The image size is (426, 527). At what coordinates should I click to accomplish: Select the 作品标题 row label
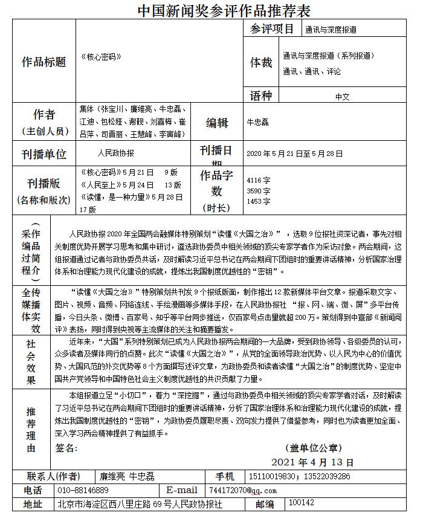click(x=44, y=62)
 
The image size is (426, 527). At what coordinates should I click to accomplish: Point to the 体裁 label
click(x=261, y=62)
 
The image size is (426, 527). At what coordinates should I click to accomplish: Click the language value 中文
click(x=343, y=96)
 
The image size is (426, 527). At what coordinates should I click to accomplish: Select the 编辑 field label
click(x=217, y=123)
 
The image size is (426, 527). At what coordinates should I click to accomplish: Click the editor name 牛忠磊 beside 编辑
click(x=258, y=122)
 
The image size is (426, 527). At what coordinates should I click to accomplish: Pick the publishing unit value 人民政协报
click(x=115, y=154)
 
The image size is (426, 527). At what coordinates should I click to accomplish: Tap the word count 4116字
click(x=259, y=180)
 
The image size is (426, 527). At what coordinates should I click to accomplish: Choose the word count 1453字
click(x=259, y=201)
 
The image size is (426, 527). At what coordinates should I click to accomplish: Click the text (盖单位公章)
click(x=312, y=448)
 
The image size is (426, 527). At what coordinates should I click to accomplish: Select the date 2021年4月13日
click(x=317, y=462)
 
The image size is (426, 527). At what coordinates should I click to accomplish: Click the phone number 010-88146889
click(x=83, y=490)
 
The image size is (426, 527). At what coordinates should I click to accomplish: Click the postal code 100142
click(x=302, y=503)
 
